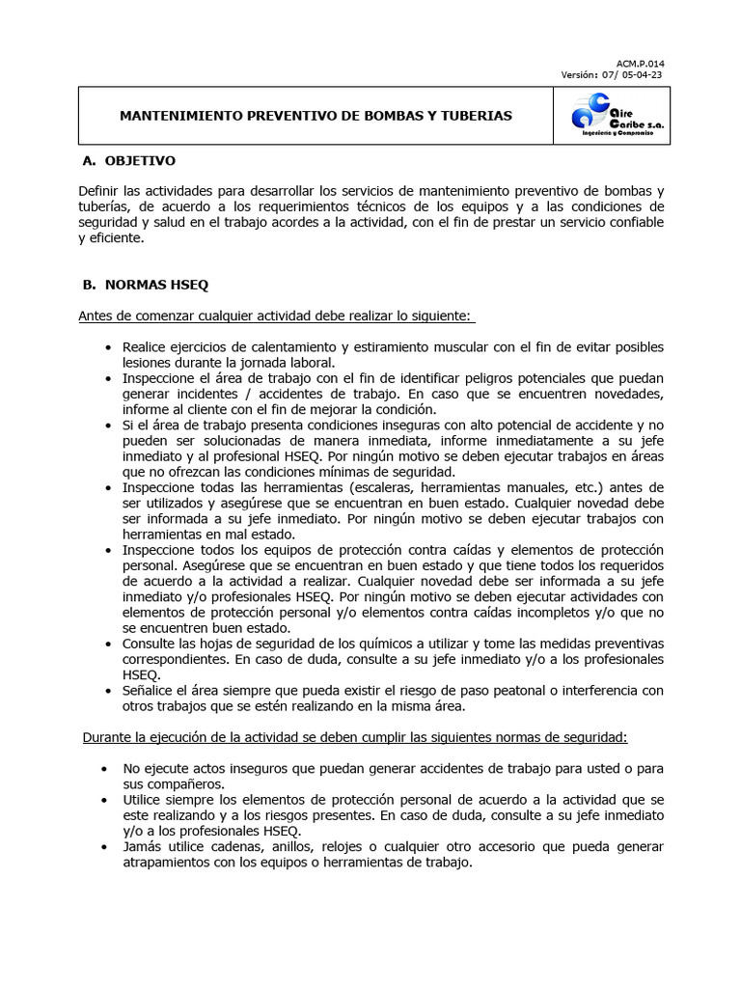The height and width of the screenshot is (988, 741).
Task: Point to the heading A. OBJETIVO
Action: (129, 160)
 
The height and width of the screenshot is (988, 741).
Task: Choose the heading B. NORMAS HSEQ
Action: (145, 286)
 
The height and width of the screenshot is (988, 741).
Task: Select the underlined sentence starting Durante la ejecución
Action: (353, 737)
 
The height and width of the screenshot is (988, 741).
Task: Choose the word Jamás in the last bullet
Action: (144, 846)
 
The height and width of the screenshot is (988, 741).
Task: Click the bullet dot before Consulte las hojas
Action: (105, 645)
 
